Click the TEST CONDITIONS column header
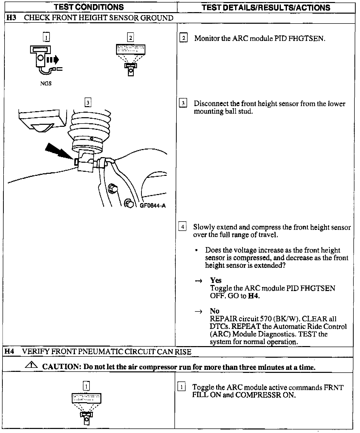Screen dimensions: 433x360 coord(89,7)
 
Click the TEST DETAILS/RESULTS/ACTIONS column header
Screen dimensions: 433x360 coord(266,8)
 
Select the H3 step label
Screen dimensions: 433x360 coord(11,18)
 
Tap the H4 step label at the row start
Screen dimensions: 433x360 coord(9,352)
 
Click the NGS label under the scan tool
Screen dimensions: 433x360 coord(46,84)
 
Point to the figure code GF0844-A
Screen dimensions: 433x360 coord(153,206)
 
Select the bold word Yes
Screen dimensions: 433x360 coord(216,280)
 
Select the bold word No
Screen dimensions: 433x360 coord(214,311)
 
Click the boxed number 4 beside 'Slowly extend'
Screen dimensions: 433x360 coord(183,226)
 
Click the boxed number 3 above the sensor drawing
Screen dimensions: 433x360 coord(88,103)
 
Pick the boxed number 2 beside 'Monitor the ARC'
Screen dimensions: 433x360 coord(183,38)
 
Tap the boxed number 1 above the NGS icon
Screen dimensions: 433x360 coord(46,37)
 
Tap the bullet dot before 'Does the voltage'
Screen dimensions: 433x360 coord(196,250)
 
